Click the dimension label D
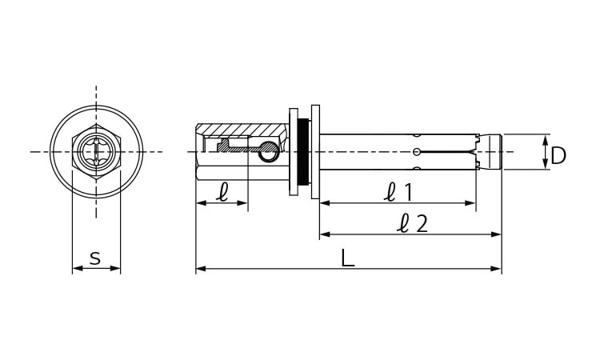click(x=558, y=156)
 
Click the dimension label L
click(x=347, y=258)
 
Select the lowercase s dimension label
click(x=95, y=258)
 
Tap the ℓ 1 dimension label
click(x=398, y=192)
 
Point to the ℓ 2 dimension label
click(x=412, y=223)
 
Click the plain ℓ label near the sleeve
click(x=222, y=192)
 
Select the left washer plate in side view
click(x=294, y=152)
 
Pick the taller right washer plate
click(x=315, y=152)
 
